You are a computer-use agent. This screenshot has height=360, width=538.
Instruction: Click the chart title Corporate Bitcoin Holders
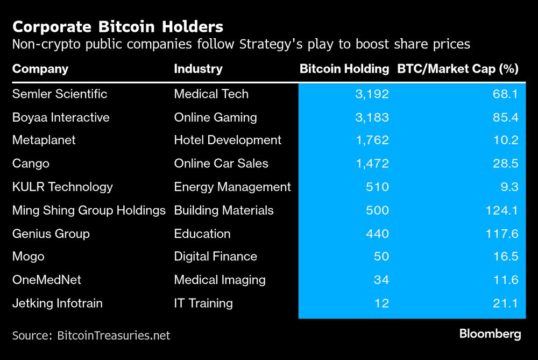coord(118,26)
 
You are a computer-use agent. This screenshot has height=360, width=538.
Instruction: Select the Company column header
coord(40,69)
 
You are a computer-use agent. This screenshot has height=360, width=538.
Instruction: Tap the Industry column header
coord(198,69)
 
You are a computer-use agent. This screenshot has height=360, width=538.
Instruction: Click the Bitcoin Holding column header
coord(344,69)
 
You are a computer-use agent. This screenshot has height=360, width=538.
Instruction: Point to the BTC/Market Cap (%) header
coord(457,69)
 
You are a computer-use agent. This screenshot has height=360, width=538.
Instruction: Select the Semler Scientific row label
coord(60,94)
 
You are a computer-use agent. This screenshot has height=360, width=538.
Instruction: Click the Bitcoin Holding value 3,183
coord(372,117)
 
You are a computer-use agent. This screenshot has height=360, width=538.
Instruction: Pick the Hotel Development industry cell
coord(228,140)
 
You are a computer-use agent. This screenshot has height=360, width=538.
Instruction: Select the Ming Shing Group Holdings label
coord(89,210)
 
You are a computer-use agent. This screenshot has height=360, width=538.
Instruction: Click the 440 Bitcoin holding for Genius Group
coord(377,234)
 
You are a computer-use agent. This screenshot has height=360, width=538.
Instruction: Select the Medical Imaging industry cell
coord(220,280)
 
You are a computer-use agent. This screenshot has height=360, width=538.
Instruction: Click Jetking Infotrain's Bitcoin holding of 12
coord(382,303)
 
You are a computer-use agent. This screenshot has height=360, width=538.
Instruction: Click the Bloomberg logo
coord(490,334)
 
